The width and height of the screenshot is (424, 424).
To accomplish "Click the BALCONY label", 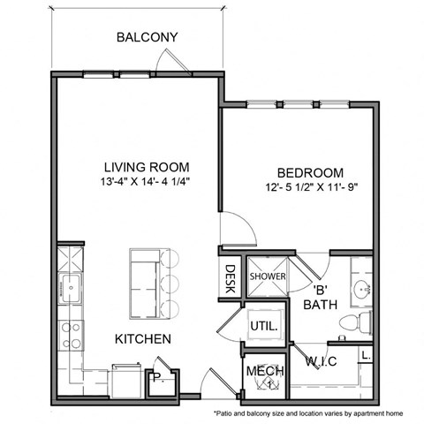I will pos(148,38).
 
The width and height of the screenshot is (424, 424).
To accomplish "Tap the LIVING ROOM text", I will pos(147,167).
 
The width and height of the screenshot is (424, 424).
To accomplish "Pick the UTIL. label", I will pos(264,325).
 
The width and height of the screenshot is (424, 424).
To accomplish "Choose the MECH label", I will pos(263,370).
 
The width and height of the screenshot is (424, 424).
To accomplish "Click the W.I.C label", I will pos(323,360).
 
